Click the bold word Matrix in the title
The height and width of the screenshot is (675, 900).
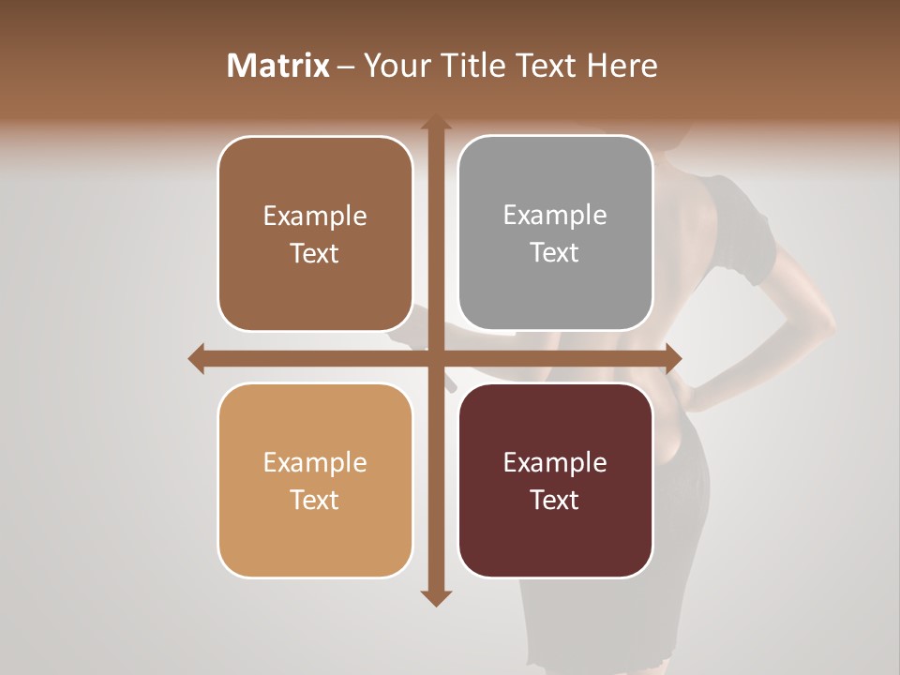pos(278,66)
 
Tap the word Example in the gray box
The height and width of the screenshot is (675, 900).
pos(555,216)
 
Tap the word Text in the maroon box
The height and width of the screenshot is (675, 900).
pos(555,500)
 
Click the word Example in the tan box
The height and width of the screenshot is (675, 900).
pos(315,463)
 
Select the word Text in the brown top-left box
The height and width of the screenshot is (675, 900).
pos(315,253)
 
